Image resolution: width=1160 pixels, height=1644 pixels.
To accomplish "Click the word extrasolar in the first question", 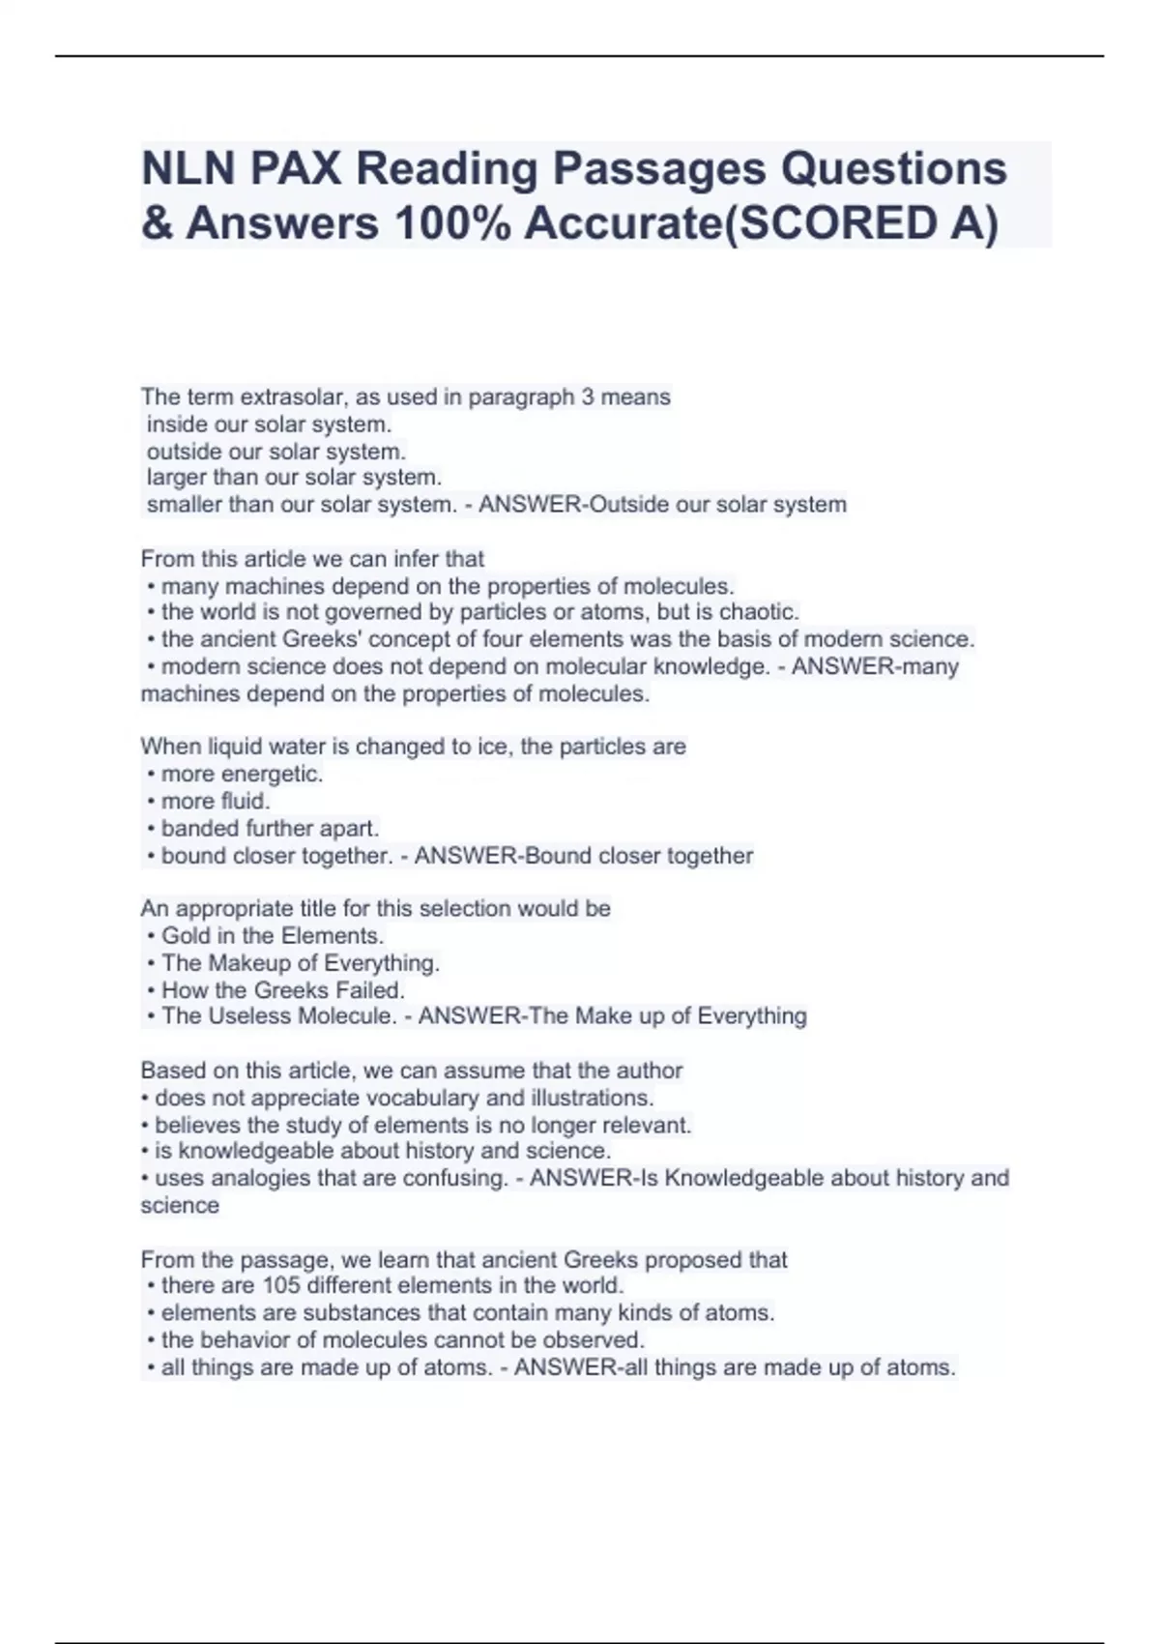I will pyautogui.click(x=291, y=397).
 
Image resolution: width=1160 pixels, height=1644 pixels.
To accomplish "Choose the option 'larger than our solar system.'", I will pyautogui.click(x=294, y=478).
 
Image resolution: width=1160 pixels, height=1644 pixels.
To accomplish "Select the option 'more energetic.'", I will pyautogui.click(x=242, y=775).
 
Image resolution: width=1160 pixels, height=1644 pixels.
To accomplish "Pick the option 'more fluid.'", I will pyautogui.click(x=216, y=802).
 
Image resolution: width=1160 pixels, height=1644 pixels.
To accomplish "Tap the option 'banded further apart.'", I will pyautogui.click(x=270, y=829).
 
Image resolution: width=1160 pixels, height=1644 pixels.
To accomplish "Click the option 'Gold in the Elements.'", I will pyautogui.click(x=273, y=936).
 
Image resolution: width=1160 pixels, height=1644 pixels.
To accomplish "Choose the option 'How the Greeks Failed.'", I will pyautogui.click(x=282, y=990).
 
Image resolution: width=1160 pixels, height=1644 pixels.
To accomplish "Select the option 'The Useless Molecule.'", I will pyautogui.click(x=278, y=1016).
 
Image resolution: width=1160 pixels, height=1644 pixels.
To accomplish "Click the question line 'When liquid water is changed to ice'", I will pyautogui.click(x=413, y=748).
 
